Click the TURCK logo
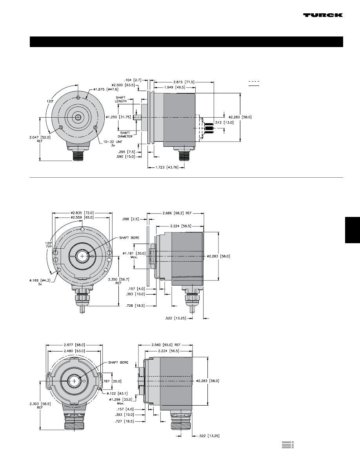(323, 15)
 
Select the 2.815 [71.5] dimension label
(184, 82)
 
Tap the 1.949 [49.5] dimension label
(175, 87)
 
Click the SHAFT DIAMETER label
(125, 135)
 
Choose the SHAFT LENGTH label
(121, 99)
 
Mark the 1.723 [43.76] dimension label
(167, 167)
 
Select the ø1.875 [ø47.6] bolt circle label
(106, 89)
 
